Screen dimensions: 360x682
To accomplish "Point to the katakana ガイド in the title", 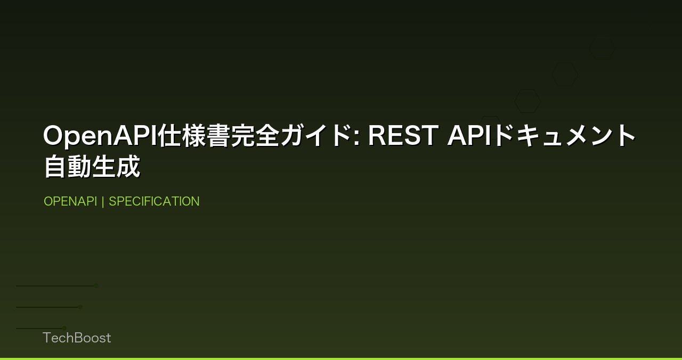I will tap(314, 136).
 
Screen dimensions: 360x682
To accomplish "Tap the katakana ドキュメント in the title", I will tap(565, 136).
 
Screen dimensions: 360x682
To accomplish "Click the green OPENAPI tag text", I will tap(70, 201).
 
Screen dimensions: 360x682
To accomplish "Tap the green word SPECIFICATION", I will tap(154, 201).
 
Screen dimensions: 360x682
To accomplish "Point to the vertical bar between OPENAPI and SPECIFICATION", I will tap(103, 201).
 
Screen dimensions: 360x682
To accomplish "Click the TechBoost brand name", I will tap(77, 338).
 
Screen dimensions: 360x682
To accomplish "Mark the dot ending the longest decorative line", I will tap(96, 285).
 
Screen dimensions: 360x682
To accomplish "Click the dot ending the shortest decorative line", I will tap(64, 328).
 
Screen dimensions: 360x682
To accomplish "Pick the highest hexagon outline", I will tap(602, 48).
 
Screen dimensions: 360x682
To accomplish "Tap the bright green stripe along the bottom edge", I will tap(341, 358).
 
